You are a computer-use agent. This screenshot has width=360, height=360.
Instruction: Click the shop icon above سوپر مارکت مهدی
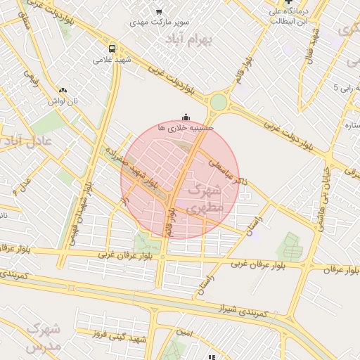tap(159, 11)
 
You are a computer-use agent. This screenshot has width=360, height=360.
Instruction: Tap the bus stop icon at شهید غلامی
tap(112, 49)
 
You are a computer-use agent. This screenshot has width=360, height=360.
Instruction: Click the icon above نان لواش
tap(64, 91)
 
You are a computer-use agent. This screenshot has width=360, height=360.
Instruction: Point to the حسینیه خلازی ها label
tap(185, 128)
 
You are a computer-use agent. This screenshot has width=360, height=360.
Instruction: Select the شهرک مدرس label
tap(42, 337)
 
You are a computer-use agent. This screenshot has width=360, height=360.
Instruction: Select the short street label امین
tap(184, 330)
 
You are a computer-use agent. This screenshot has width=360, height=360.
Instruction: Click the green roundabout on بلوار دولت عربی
tap(219, 102)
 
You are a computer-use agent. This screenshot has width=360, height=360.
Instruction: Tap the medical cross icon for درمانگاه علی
tap(289, 3)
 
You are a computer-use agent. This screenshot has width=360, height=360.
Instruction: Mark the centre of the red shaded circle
tap(180, 180)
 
